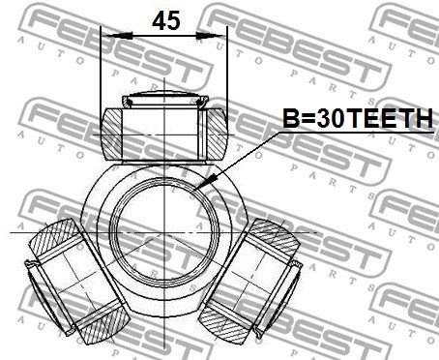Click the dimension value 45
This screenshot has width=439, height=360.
166,20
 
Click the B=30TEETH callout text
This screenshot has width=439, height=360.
358,118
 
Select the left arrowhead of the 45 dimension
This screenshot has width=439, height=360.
117,36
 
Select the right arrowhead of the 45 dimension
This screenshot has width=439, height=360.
212,36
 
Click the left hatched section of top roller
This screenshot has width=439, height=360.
112,134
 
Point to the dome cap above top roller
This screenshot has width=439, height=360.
165,98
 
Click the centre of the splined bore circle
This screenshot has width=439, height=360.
164,232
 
